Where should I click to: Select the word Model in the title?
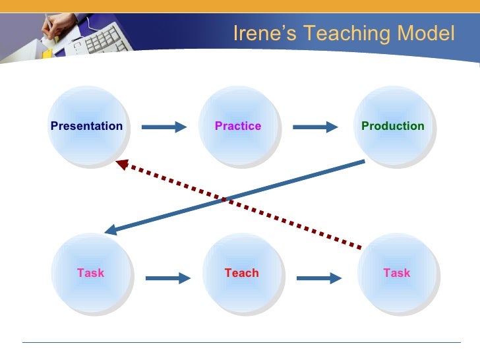coord(429,33)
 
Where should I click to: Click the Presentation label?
coord(86,126)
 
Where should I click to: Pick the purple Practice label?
coord(238,126)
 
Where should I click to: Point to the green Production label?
coord(392,126)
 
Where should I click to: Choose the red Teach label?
coord(241,273)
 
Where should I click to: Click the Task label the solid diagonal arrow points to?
coord(90,273)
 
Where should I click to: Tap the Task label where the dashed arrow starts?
coord(396,273)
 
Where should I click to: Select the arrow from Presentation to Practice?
coord(164,127)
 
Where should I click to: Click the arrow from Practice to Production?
coord(315,127)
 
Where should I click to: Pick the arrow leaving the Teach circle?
coord(319,278)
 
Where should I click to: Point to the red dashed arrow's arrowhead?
coord(121,164)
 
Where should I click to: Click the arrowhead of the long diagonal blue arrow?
coord(111,230)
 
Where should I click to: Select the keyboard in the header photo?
coord(99,36)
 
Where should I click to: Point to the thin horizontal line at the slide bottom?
coord(241,342)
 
